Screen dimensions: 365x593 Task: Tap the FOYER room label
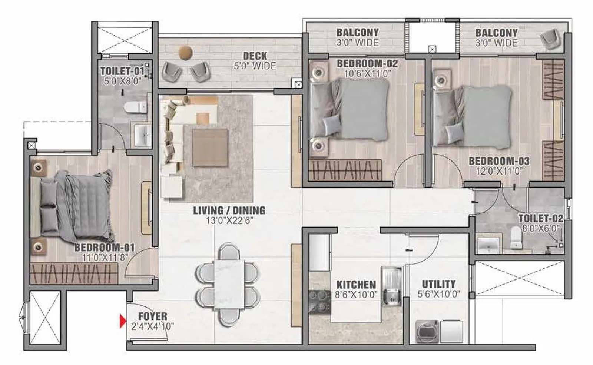point(153,316)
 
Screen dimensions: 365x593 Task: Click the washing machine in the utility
point(427,331)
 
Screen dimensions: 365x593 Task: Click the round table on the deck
point(185,53)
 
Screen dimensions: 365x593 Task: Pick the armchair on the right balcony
point(551,39)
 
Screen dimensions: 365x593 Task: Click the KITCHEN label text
point(356,285)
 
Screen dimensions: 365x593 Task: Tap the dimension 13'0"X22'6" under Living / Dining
point(229,221)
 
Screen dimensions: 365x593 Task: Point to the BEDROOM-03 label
point(499,161)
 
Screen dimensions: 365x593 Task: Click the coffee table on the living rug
point(209,147)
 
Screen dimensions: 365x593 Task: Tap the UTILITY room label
point(439,284)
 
